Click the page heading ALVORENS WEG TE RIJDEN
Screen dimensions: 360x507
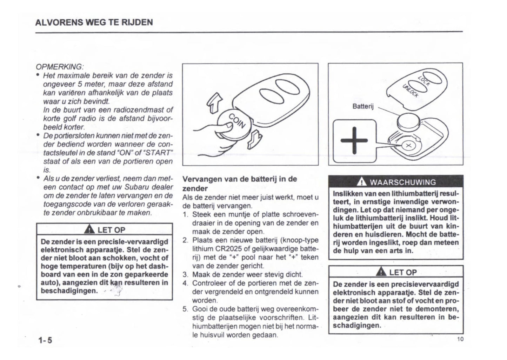click(x=94, y=22)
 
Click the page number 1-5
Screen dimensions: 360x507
click(x=45, y=340)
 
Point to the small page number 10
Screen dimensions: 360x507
click(x=460, y=339)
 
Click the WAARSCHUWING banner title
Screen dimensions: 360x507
click(x=402, y=182)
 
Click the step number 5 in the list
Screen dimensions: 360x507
click(x=186, y=309)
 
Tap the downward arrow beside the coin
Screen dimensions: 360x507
click(x=255, y=140)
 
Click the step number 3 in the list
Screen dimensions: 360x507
click(x=186, y=274)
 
